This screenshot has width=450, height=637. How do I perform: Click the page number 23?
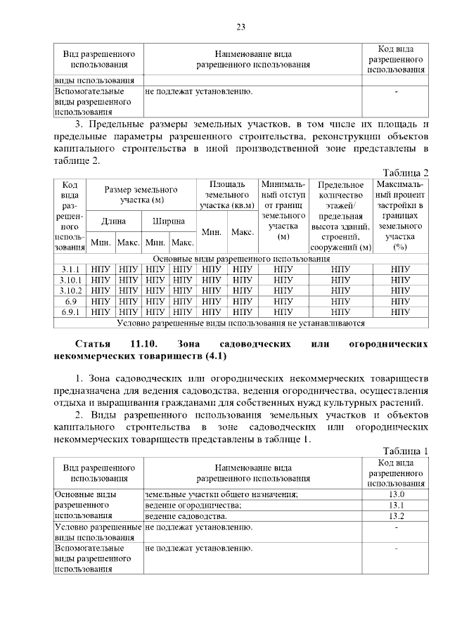[x=240, y=27]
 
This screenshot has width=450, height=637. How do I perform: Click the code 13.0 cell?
[x=395, y=494]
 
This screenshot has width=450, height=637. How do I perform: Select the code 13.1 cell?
[x=395, y=505]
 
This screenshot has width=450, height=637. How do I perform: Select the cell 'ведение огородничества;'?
[x=193, y=506]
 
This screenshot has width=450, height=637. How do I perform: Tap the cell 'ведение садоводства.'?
[x=186, y=516]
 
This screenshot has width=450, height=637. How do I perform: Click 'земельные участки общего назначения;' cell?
[x=221, y=495]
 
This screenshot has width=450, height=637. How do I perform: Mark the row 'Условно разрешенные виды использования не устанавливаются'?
[x=240, y=323]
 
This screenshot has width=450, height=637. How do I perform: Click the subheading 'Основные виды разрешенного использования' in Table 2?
[x=240, y=259]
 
